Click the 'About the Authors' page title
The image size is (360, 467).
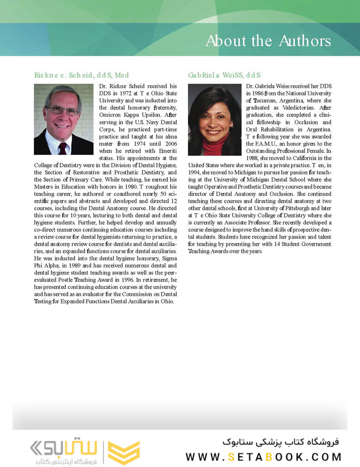(x=268, y=41)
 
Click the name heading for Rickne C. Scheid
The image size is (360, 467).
(x=81, y=75)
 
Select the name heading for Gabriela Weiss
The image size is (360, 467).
(x=224, y=75)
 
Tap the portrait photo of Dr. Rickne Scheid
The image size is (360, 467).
(x=64, y=119)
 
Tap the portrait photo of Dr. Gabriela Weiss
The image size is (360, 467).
(x=215, y=119)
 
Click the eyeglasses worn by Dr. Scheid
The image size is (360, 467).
(x=62, y=111)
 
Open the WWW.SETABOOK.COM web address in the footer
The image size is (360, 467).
(x=263, y=457)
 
